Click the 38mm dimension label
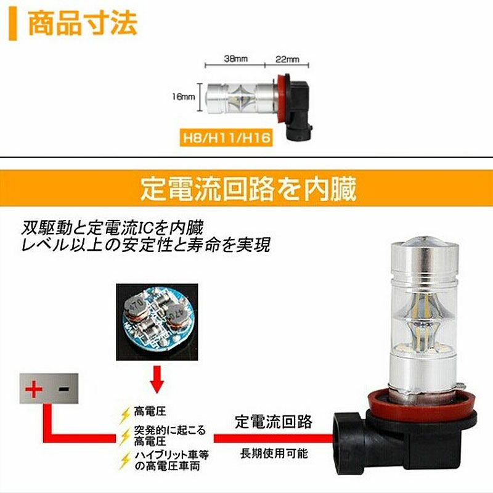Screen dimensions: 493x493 pyautogui.click(x=236, y=59)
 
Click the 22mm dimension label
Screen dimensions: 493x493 pyautogui.click(x=287, y=59)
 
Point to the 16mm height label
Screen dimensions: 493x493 pyautogui.click(x=183, y=97)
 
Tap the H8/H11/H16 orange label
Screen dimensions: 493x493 pyautogui.click(x=226, y=138)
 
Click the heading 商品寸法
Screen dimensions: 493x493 pyautogui.click(x=83, y=23)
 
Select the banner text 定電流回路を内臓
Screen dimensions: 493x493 pyautogui.click(x=248, y=189)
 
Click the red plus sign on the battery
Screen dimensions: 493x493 pyautogui.click(x=34, y=389)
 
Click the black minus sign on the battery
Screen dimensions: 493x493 pyautogui.click(x=63, y=389)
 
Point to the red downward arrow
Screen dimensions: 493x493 pyautogui.click(x=157, y=379)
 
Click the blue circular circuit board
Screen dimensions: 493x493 pyautogui.click(x=157, y=320)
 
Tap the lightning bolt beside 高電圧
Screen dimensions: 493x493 pyautogui.click(x=126, y=415)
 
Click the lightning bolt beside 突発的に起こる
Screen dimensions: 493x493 pyautogui.click(x=126, y=437)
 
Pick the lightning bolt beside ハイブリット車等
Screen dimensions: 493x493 pyautogui.click(x=126, y=460)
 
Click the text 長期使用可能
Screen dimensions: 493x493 pyautogui.click(x=274, y=454)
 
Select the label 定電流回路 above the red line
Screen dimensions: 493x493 pyautogui.click(x=274, y=422)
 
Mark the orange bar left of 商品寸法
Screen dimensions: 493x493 pyautogui.click(x=12, y=24)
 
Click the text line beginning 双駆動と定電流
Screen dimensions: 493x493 pyautogui.click(x=112, y=227)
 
